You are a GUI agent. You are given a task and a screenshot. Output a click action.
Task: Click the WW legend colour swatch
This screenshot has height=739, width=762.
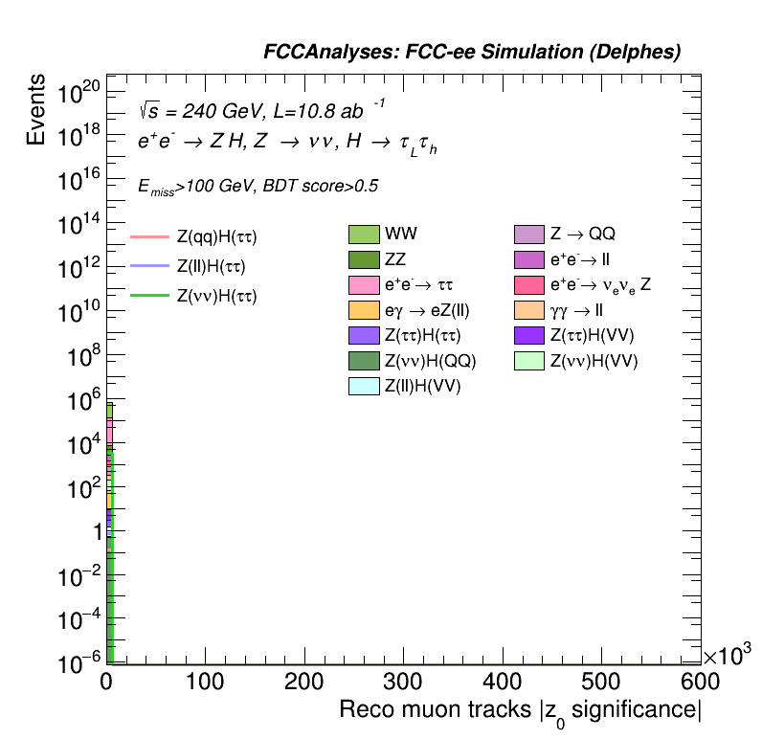pos(364,235)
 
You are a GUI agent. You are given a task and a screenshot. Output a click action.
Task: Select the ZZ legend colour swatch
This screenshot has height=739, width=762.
pos(364,259)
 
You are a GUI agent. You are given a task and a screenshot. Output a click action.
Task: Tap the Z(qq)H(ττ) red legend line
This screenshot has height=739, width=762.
pos(148,235)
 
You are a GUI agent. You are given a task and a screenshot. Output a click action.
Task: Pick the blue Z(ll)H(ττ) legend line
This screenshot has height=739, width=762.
pos(148,265)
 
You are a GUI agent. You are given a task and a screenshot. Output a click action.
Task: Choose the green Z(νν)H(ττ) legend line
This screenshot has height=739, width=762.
pos(148,296)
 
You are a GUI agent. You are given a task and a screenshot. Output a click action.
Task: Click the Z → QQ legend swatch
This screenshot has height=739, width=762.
pos(529,235)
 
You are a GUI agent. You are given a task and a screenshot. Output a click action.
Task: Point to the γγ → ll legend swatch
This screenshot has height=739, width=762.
pos(529,310)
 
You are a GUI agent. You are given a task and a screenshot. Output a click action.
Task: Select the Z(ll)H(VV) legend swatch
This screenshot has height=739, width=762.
pos(364,386)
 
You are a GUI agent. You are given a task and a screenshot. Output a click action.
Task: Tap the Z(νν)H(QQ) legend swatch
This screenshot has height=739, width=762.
pos(364,361)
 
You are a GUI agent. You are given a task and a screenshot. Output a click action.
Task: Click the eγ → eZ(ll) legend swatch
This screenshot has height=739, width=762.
pos(364,310)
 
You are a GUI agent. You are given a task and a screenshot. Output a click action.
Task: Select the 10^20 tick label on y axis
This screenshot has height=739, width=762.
pos(78,94)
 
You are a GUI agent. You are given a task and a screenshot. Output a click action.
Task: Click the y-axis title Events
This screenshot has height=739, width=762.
pos(36,108)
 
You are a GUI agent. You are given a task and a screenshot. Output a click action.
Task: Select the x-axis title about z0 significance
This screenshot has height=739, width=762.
pos(521,711)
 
